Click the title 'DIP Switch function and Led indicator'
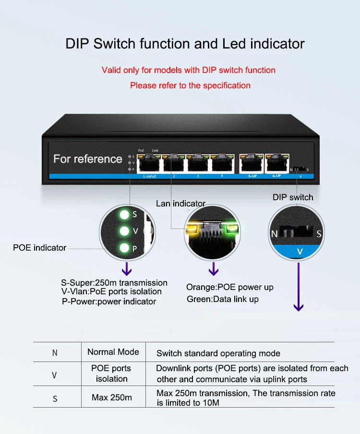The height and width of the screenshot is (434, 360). [185, 44]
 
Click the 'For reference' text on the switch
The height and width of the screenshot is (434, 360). [88, 159]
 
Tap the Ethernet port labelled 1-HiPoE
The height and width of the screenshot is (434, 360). [148, 164]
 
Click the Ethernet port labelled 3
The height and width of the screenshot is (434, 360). [198, 164]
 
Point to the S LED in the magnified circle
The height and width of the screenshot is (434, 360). [124, 215]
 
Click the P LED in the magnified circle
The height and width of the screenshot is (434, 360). [124, 248]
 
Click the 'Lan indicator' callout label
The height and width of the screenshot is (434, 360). [180, 204]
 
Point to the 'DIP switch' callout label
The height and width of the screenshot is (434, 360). [293, 197]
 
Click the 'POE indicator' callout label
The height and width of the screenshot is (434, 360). [39, 248]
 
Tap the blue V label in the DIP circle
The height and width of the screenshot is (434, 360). [300, 251]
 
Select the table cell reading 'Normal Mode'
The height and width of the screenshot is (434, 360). [113, 352]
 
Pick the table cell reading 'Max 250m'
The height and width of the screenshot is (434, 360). [111, 398]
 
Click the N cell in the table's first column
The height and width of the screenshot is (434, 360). [55, 353]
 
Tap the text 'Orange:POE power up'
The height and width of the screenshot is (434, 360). [230, 287]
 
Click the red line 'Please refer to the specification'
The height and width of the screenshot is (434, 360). [190, 85]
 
